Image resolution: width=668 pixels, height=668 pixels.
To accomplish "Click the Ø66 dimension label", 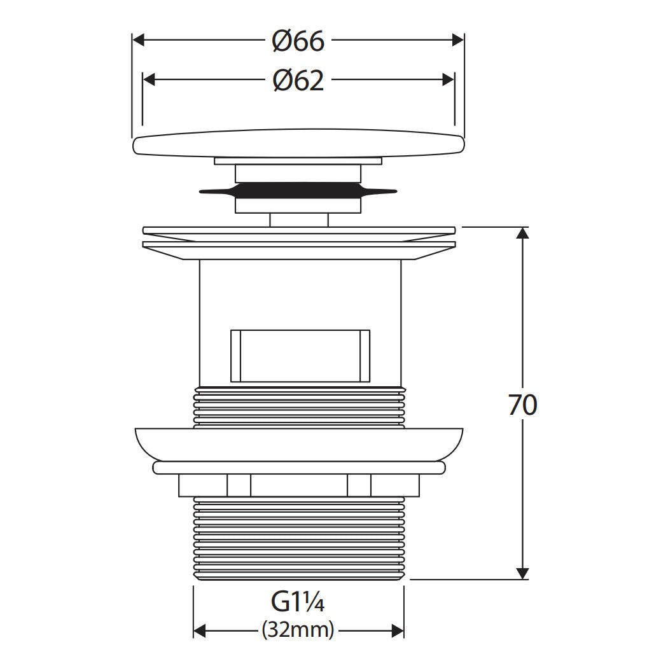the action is click(x=298, y=41).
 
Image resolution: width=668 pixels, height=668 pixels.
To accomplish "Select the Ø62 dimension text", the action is click(x=298, y=81).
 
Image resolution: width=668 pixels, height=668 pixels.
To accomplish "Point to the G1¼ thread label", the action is click(x=298, y=602).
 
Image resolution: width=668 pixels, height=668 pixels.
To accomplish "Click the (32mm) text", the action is click(x=298, y=629).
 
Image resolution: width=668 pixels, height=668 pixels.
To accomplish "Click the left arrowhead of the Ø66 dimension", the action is click(x=139, y=41).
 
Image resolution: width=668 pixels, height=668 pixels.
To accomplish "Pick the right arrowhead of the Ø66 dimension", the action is click(x=457, y=41).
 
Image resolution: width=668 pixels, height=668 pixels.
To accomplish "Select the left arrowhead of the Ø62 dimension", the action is click(x=149, y=80).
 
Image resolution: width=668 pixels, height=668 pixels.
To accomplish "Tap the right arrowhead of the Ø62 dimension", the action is click(x=448, y=80).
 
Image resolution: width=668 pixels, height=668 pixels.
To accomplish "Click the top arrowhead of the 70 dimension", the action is click(x=522, y=233).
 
